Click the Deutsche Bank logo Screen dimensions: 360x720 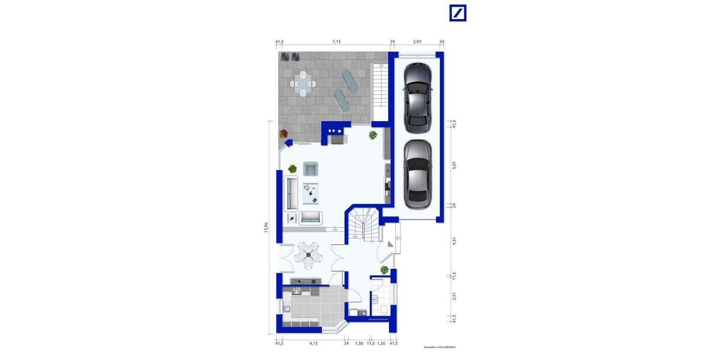458,13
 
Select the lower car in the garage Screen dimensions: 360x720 418,174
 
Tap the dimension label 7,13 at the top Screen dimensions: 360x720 337,42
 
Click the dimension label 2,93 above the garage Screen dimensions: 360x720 417,42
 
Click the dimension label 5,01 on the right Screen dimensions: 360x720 454,164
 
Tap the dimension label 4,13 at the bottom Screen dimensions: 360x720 313,343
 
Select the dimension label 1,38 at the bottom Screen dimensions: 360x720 359,343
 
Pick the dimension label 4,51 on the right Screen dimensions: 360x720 454,242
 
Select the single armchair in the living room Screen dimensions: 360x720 311,169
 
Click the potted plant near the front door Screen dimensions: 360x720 383,269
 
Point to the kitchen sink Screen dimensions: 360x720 287,310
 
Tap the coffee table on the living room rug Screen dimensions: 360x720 311,192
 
